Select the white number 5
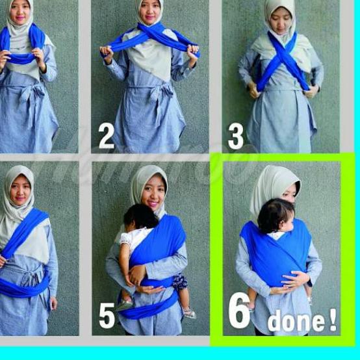(107, 316)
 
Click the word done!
(302, 320)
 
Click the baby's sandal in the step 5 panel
(189, 314)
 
